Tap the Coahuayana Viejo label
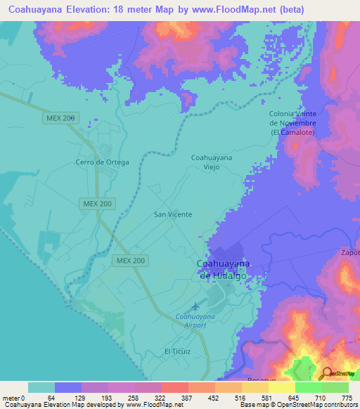(212, 163)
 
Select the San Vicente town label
(172, 214)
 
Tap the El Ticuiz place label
(177, 351)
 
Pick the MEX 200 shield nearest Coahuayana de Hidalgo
(131, 261)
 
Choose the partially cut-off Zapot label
(349, 252)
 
